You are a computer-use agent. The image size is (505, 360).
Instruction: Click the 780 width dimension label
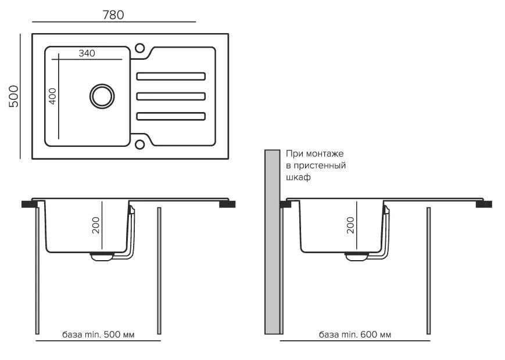[113, 15]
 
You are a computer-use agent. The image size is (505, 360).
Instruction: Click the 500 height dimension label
[14, 96]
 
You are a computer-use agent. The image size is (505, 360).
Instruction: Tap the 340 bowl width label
[87, 53]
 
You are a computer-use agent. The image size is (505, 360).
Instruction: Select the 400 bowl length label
[52, 96]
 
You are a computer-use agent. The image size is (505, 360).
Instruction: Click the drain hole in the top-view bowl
[102, 96]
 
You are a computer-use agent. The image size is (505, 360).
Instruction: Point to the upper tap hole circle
[139, 48]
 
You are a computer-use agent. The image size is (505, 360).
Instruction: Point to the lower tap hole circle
[139, 145]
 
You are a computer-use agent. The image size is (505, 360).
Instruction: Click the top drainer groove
[171, 76]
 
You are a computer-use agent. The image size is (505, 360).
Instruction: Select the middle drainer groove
[171, 96]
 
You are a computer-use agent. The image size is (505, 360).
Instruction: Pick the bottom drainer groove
[171, 116]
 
